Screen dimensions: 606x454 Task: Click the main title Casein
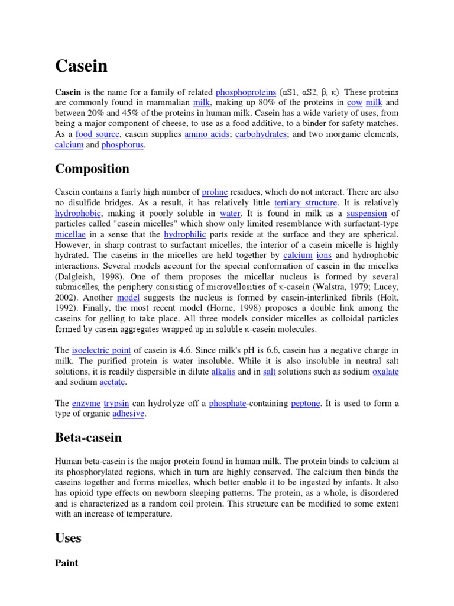82,66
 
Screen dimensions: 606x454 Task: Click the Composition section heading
92,169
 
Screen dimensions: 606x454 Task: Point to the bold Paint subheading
66,563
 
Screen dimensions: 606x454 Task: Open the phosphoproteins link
246,92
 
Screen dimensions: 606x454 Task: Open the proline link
215,192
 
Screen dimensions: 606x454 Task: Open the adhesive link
128,414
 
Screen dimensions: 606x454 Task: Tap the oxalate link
385,372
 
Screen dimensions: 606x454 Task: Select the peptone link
306,403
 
